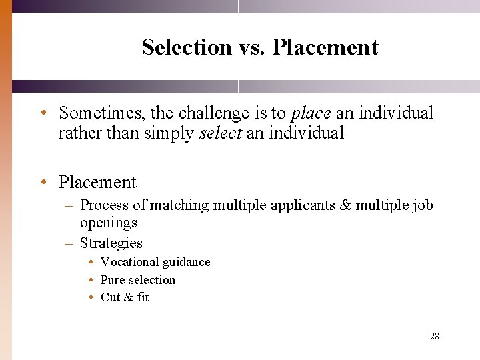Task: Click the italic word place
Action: tap(311, 113)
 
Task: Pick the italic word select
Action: tap(221, 133)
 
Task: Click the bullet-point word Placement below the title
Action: tap(97, 182)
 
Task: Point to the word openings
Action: tap(109, 223)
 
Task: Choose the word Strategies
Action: tap(111, 243)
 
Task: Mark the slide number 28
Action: tap(435, 337)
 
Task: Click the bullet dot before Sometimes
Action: tap(42, 113)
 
